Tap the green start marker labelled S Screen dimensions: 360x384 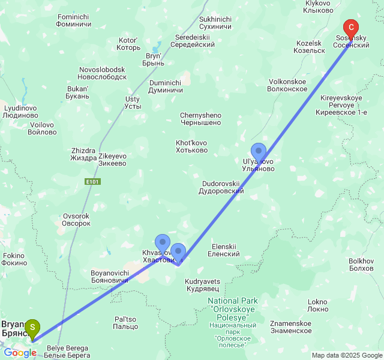click(32, 328)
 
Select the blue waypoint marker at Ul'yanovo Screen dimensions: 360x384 click(259, 151)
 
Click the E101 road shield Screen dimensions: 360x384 click(92, 181)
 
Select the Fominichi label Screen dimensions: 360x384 click(73, 20)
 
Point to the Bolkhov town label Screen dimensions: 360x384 click(361, 265)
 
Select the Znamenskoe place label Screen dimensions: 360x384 click(291, 327)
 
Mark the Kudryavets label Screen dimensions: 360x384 click(202, 285)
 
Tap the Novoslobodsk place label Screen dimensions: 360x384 click(102, 73)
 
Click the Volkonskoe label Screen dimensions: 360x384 click(288, 85)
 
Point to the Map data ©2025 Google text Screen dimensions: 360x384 click(347, 355)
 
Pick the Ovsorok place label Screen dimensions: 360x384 click(76, 220)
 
